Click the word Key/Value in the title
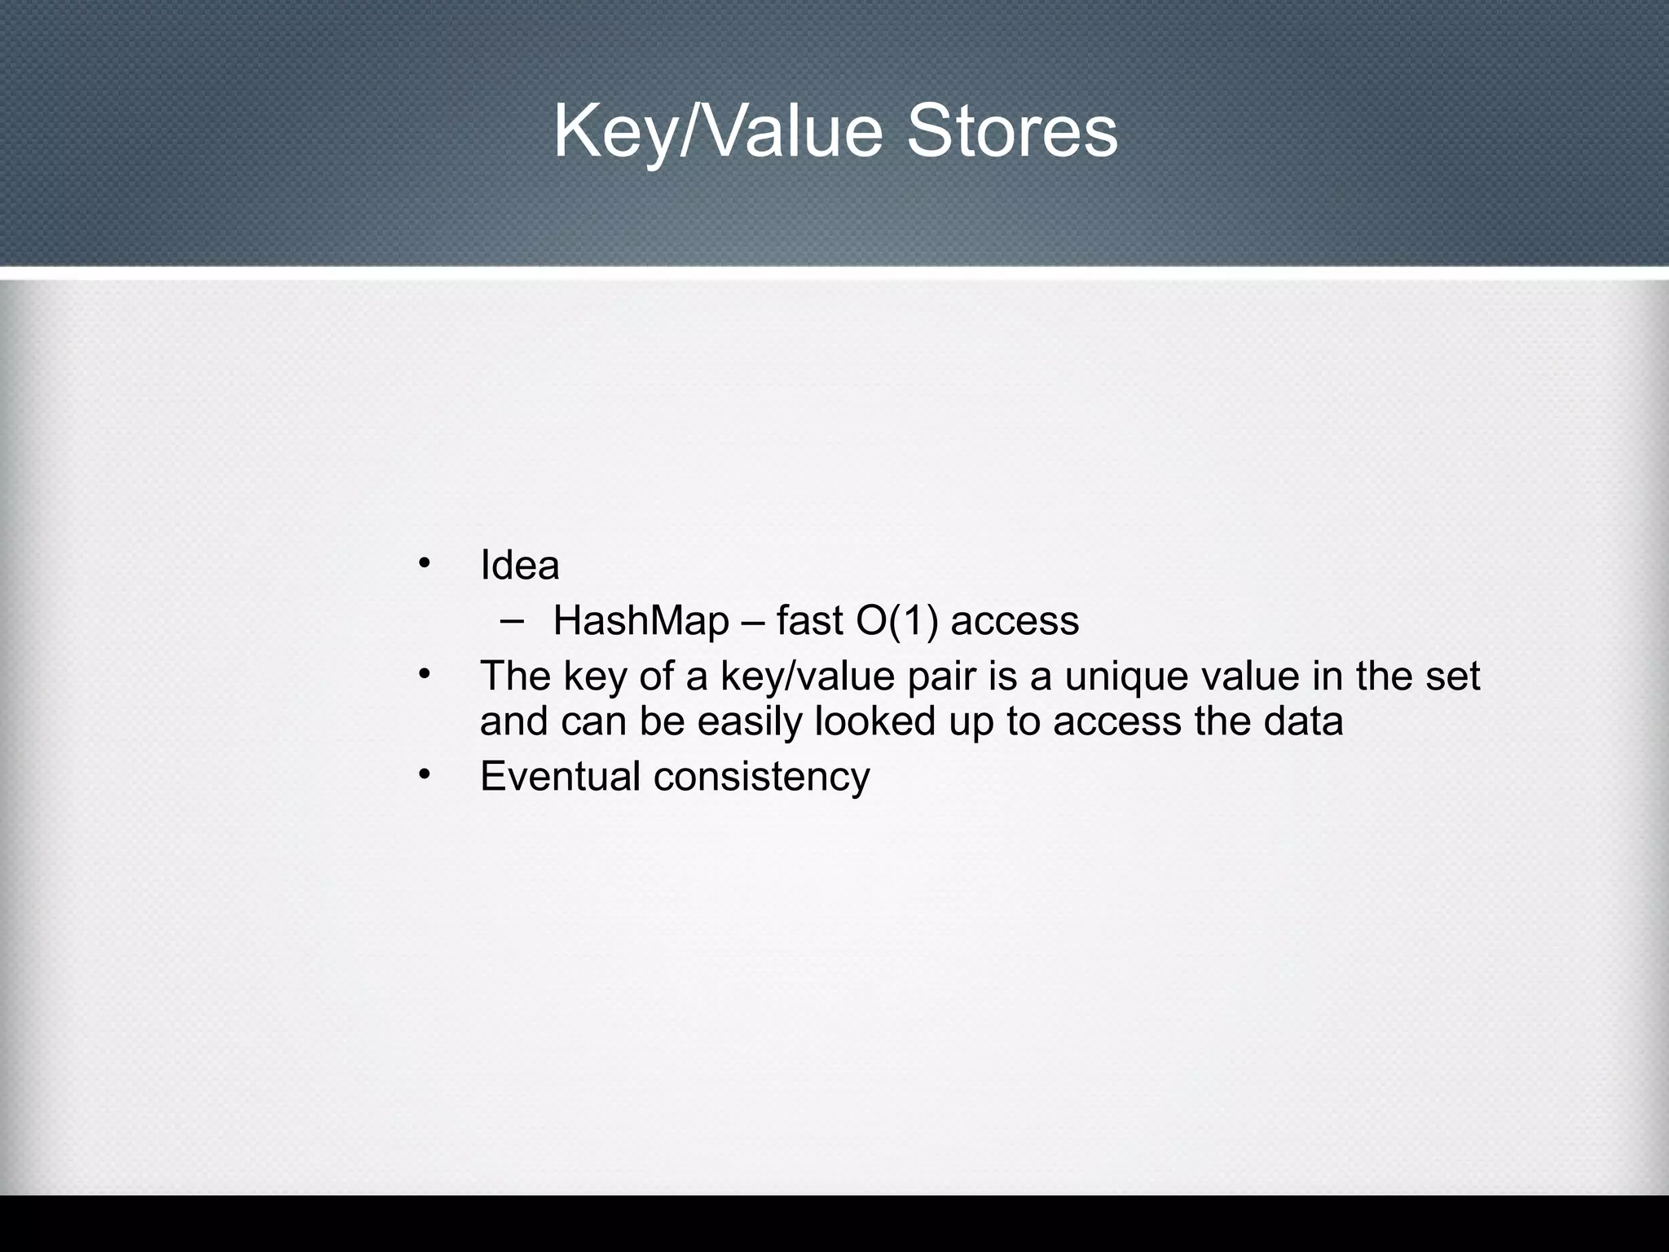717,133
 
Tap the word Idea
519,565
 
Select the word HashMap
641,621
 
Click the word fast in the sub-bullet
808,621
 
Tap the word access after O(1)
1015,621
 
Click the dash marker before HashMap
513,621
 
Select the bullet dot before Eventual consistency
423,774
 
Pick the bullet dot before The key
423,674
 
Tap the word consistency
761,775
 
